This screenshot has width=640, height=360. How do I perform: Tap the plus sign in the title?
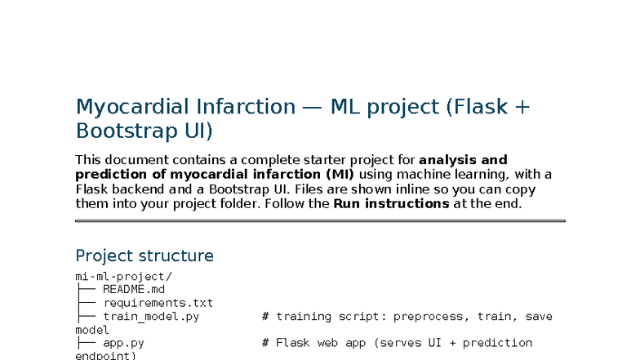(x=522, y=107)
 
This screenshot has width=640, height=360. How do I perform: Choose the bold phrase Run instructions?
(x=391, y=203)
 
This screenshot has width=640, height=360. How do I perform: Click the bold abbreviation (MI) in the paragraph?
(x=339, y=174)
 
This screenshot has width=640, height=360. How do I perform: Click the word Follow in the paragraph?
(x=307, y=203)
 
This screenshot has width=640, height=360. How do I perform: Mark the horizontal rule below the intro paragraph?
(x=320, y=220)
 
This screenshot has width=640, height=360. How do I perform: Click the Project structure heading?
(x=144, y=256)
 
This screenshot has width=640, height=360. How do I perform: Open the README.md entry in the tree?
(x=134, y=289)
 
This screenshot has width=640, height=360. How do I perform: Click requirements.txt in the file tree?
(x=158, y=303)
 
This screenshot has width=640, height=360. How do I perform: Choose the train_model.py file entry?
(x=151, y=316)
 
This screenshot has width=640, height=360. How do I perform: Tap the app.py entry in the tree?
(x=123, y=343)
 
